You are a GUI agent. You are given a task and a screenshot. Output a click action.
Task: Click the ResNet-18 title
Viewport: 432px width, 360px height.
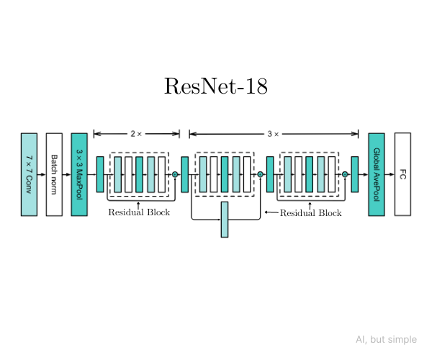click(216, 86)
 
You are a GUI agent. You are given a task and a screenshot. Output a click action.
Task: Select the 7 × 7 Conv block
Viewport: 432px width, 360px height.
click(29, 174)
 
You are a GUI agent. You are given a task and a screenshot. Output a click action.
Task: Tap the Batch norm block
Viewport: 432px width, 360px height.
click(54, 174)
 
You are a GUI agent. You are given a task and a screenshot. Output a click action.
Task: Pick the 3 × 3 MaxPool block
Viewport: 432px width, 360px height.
click(79, 174)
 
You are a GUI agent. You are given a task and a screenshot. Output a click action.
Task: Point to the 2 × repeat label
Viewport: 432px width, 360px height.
click(136, 134)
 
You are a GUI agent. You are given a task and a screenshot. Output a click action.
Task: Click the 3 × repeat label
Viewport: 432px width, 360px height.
click(273, 134)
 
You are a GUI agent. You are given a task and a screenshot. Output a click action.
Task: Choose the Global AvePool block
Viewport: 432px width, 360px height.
click(376, 174)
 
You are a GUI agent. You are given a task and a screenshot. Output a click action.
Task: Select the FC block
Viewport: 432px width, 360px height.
click(402, 174)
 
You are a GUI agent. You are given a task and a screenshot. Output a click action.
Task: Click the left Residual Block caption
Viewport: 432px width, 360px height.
click(139, 213)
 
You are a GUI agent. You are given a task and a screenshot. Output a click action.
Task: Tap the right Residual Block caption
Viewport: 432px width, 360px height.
click(310, 213)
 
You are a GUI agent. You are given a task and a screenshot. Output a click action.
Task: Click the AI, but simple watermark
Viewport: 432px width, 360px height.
click(385, 340)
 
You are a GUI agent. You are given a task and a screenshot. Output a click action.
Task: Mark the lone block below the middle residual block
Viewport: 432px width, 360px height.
click(225, 220)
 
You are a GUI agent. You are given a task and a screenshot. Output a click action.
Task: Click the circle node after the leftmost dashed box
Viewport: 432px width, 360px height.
click(175, 174)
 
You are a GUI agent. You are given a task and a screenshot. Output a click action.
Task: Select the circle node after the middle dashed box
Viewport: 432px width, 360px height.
click(260, 174)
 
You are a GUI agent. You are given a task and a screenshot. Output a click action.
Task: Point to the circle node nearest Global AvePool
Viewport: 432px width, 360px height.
click(345, 174)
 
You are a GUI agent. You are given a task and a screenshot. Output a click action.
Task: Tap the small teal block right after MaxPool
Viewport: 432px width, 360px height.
click(100, 174)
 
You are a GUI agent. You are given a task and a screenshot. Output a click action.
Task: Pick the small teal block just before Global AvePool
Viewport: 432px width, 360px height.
click(355, 174)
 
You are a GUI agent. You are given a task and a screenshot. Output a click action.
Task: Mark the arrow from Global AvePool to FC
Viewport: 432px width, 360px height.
click(389, 174)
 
